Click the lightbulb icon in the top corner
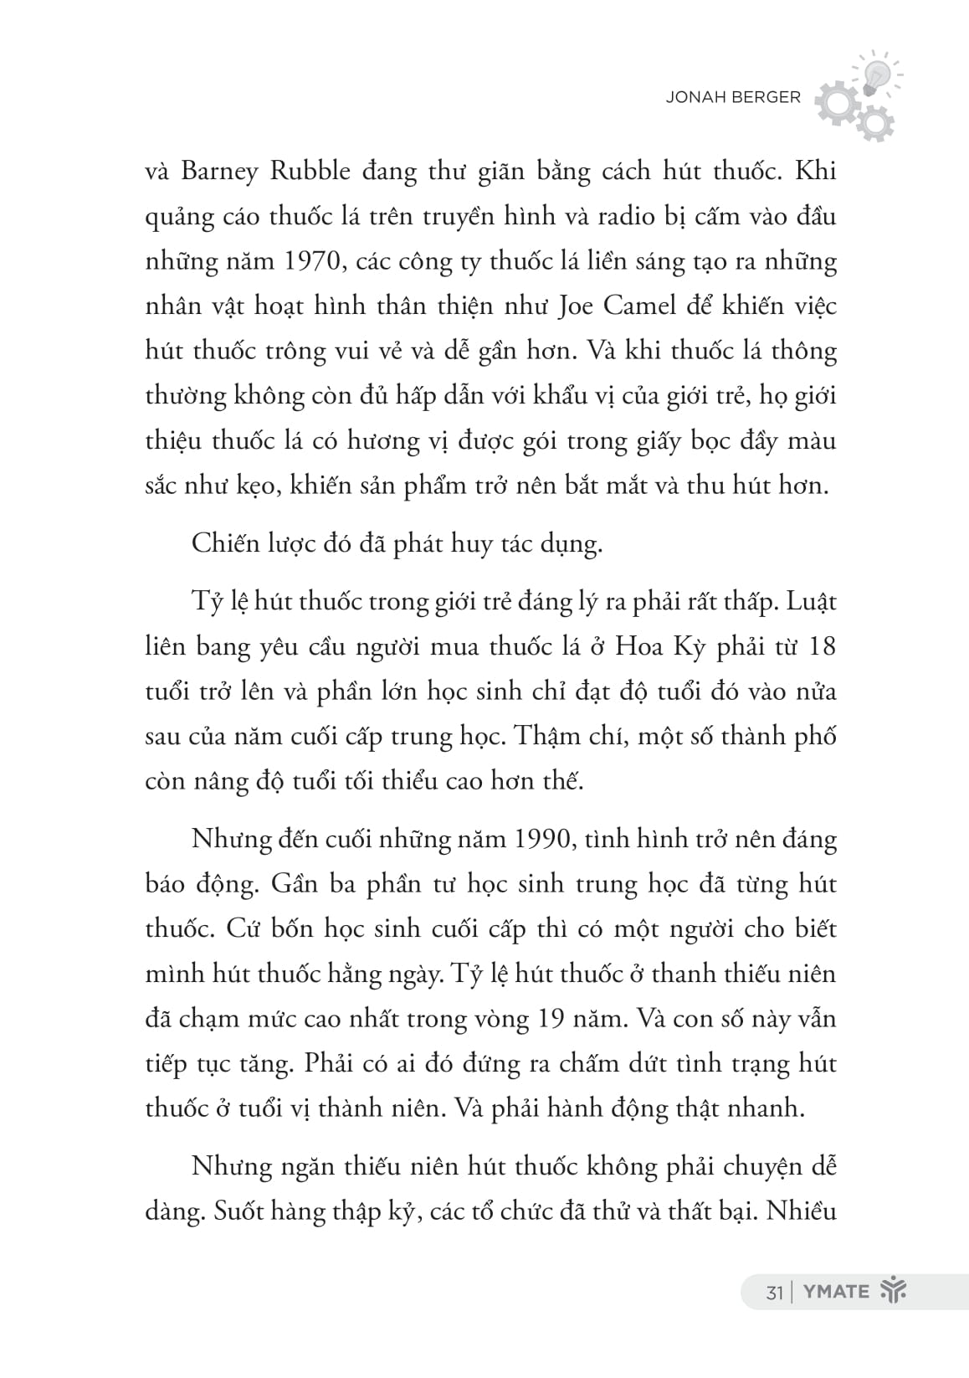[x=874, y=71]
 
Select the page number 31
[x=773, y=1292]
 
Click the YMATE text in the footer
[x=836, y=1292]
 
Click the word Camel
[x=642, y=306]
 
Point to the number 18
[x=821, y=647]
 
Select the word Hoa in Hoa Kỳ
[x=637, y=647]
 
